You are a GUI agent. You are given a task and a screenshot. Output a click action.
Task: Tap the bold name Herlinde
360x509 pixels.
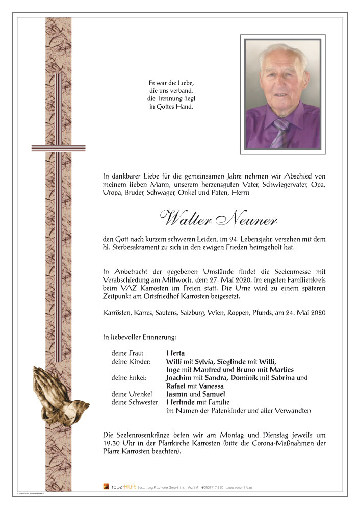[181, 402]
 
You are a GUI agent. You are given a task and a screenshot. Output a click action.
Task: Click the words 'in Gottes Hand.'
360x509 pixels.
[172, 107]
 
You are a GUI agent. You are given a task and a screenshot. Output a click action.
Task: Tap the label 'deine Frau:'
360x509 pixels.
[127, 353]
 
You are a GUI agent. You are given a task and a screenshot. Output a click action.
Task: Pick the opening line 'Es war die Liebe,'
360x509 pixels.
[172, 82]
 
